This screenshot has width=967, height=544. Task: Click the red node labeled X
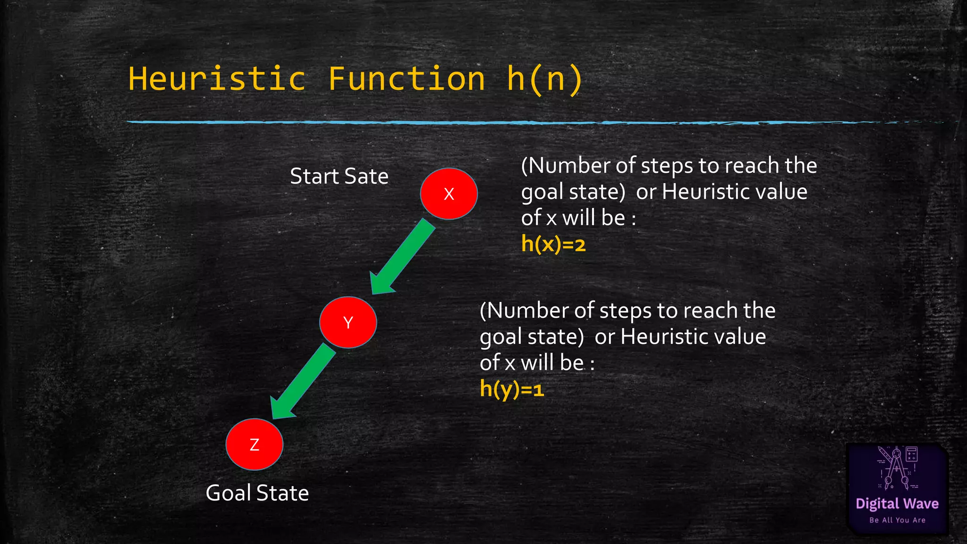pos(449,194)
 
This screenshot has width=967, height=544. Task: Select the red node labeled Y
pos(348,323)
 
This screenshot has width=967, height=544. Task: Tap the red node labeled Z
pos(254,444)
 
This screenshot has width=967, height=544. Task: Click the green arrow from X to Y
pos(403,257)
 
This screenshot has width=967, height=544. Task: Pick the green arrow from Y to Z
pos(303,382)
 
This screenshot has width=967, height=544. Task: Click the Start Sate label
pos(339,176)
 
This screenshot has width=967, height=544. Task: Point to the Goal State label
pos(257,493)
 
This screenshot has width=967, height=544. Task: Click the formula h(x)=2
pos(553,244)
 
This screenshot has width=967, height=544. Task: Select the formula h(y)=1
pos(512,389)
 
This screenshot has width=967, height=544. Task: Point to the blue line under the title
pos(472,122)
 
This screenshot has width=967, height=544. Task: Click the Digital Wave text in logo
pos(897,503)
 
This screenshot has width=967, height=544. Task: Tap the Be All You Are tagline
pos(897,520)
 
